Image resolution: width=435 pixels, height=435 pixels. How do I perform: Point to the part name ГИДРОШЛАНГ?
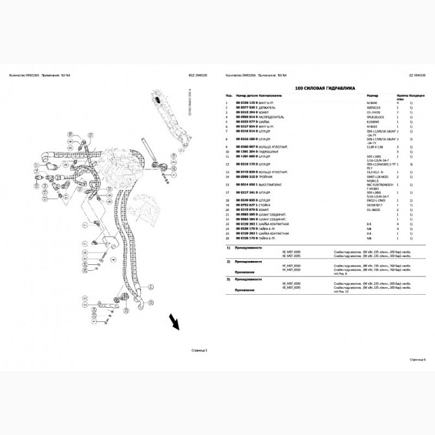(x=273, y=152)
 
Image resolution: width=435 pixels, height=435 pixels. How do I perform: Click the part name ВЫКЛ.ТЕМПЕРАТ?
(x=275, y=185)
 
